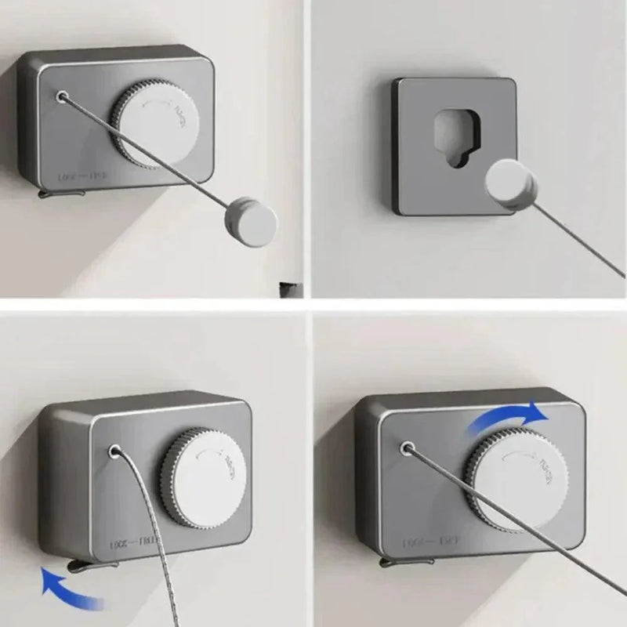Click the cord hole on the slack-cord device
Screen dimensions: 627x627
pyautogui.click(x=116, y=452)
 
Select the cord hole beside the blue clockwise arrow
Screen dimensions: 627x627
pyautogui.click(x=408, y=448)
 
